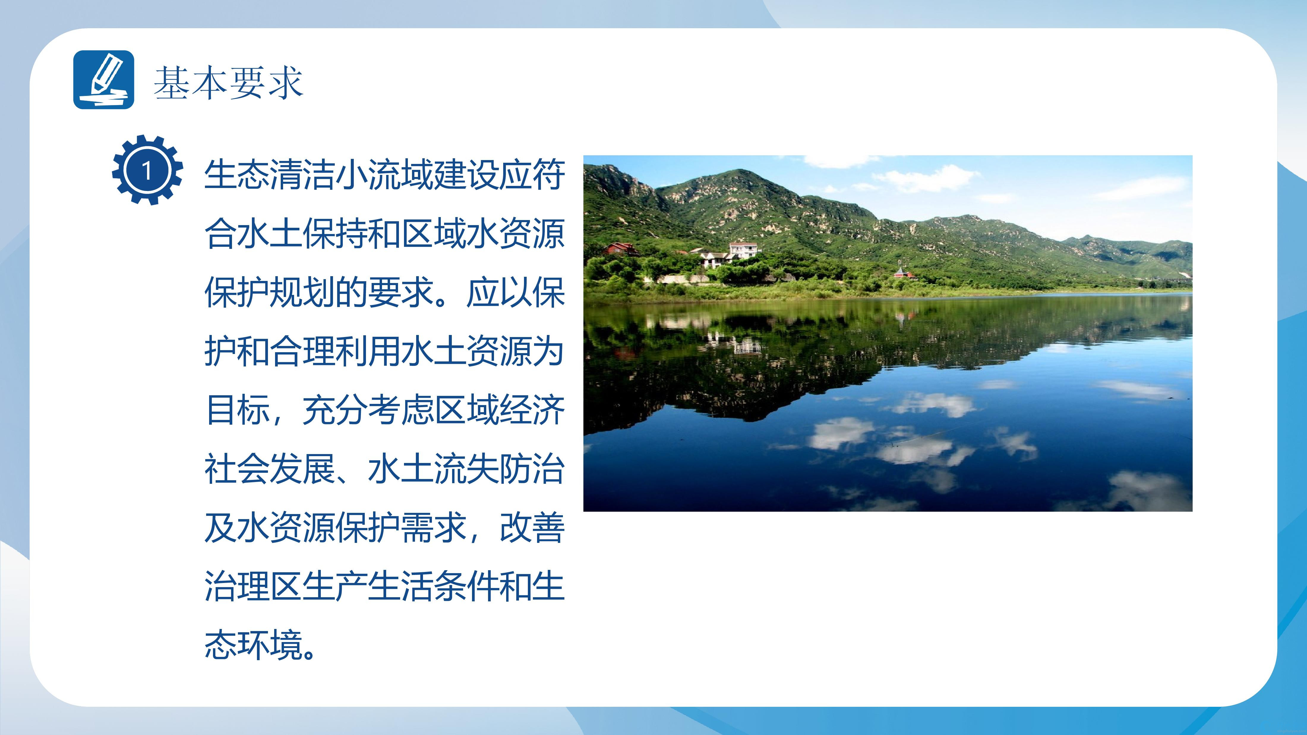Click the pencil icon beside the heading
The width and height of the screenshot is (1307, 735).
[104, 80]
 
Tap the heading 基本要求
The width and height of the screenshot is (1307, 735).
[229, 82]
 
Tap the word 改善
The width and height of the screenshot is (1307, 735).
[532, 527]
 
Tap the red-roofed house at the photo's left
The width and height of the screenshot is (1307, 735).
[621, 249]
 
